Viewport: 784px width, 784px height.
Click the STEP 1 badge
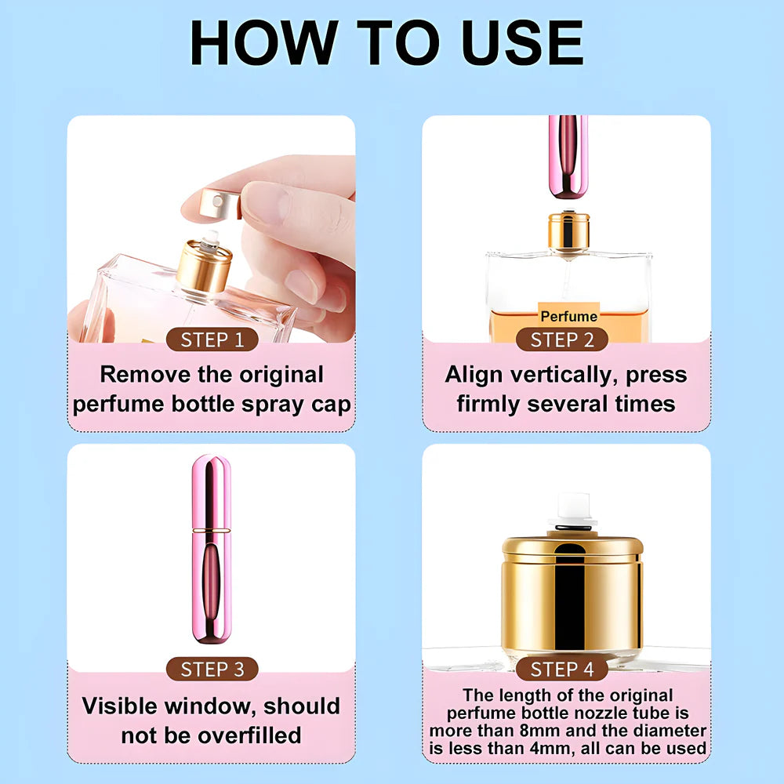[212, 339]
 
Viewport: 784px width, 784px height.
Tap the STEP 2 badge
[561, 339]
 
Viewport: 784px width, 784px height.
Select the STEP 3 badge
[212, 669]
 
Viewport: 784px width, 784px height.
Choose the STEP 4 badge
[561, 669]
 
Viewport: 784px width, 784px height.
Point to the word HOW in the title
[251, 43]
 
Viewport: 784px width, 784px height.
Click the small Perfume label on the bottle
[568, 317]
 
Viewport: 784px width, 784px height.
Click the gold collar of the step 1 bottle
[203, 267]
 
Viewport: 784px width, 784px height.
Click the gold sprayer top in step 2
[568, 231]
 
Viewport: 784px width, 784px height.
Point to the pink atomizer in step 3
[212, 549]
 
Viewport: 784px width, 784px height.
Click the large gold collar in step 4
[572, 596]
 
